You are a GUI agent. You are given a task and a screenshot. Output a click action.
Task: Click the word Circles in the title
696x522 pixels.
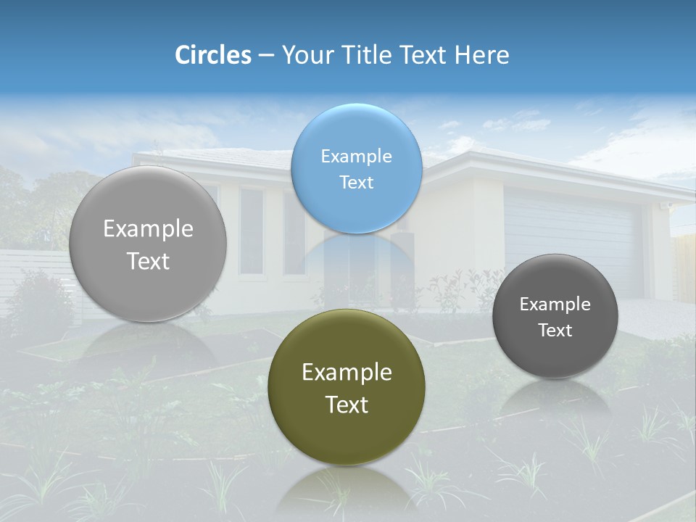[x=212, y=55]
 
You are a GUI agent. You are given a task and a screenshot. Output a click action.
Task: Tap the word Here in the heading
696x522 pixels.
[x=482, y=55]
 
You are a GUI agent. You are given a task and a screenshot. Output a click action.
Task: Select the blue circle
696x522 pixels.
[x=356, y=168]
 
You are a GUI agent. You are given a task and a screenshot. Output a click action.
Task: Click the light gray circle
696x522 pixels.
[x=148, y=244]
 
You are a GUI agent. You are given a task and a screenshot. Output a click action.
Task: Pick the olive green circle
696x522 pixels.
[x=347, y=387]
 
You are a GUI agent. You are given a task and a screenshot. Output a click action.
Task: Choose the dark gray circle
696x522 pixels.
[x=555, y=316]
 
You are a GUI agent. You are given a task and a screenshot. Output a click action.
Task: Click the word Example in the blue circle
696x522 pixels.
[x=356, y=156]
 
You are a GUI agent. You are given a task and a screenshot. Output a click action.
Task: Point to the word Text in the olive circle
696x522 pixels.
[x=347, y=405]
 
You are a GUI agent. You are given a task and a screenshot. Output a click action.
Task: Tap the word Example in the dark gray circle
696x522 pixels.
[x=555, y=304]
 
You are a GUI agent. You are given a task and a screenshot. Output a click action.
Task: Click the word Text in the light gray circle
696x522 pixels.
[x=148, y=261]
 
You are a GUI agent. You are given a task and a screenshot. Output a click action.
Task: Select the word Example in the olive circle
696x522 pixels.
[x=347, y=372]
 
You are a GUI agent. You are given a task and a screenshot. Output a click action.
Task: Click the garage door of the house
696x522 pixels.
[x=573, y=232]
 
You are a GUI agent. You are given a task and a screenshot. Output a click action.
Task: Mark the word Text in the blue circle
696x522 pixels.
[x=356, y=182]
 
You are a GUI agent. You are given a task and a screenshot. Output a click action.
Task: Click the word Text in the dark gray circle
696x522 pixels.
[x=555, y=331]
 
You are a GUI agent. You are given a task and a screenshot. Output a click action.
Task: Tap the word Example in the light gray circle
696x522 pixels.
[x=148, y=228]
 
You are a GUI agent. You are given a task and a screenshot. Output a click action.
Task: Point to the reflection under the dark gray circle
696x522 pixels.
[x=555, y=399]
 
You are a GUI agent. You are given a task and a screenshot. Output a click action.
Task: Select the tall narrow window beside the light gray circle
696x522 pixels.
[x=251, y=231]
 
